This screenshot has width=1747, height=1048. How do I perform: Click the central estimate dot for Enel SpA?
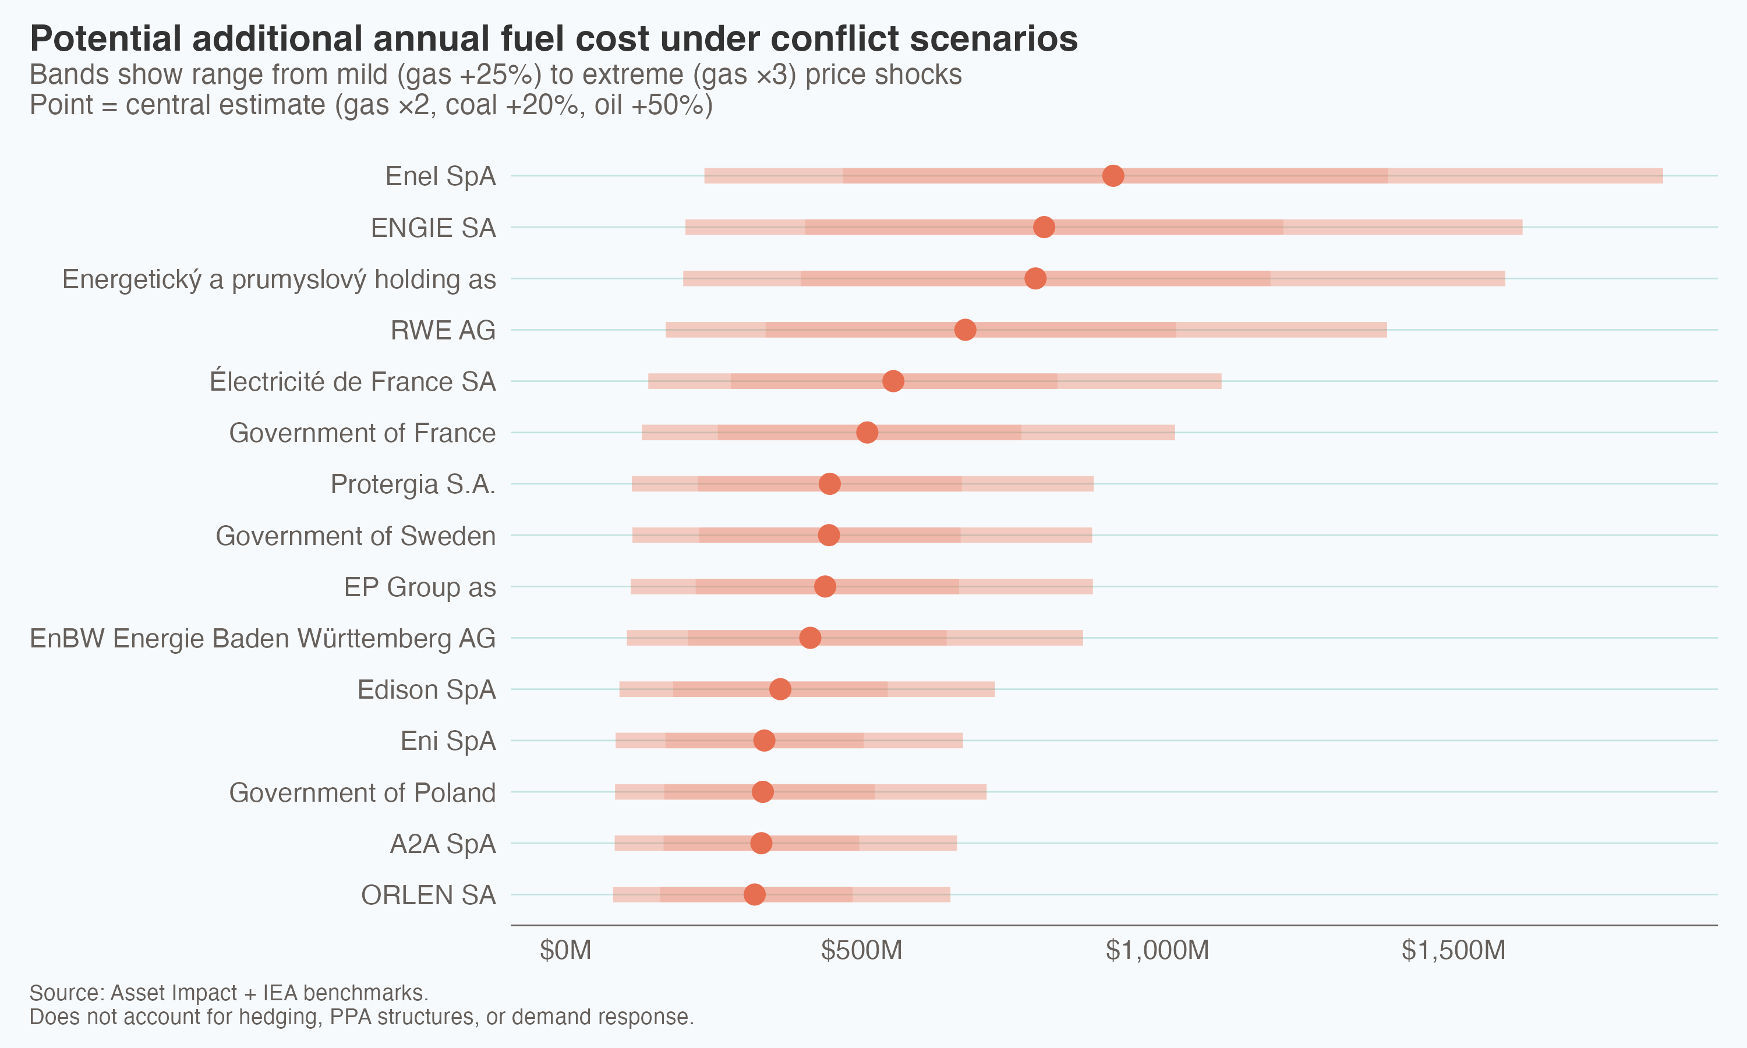[1113, 176]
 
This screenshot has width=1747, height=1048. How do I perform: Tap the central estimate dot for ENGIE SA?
[1044, 228]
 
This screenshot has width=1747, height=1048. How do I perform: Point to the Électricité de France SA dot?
[893, 381]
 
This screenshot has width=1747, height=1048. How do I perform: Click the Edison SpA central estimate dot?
[780, 689]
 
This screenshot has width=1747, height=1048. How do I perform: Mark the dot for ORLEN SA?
[754, 895]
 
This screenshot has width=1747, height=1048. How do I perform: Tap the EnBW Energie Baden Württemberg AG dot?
[810, 638]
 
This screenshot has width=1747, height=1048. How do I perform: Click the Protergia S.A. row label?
[413, 484]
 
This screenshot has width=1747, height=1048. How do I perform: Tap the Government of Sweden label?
[355, 536]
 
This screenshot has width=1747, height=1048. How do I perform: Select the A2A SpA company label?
[443, 844]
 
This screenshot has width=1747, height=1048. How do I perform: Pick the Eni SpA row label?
[448, 741]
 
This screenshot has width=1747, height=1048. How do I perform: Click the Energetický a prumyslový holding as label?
[279, 279]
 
